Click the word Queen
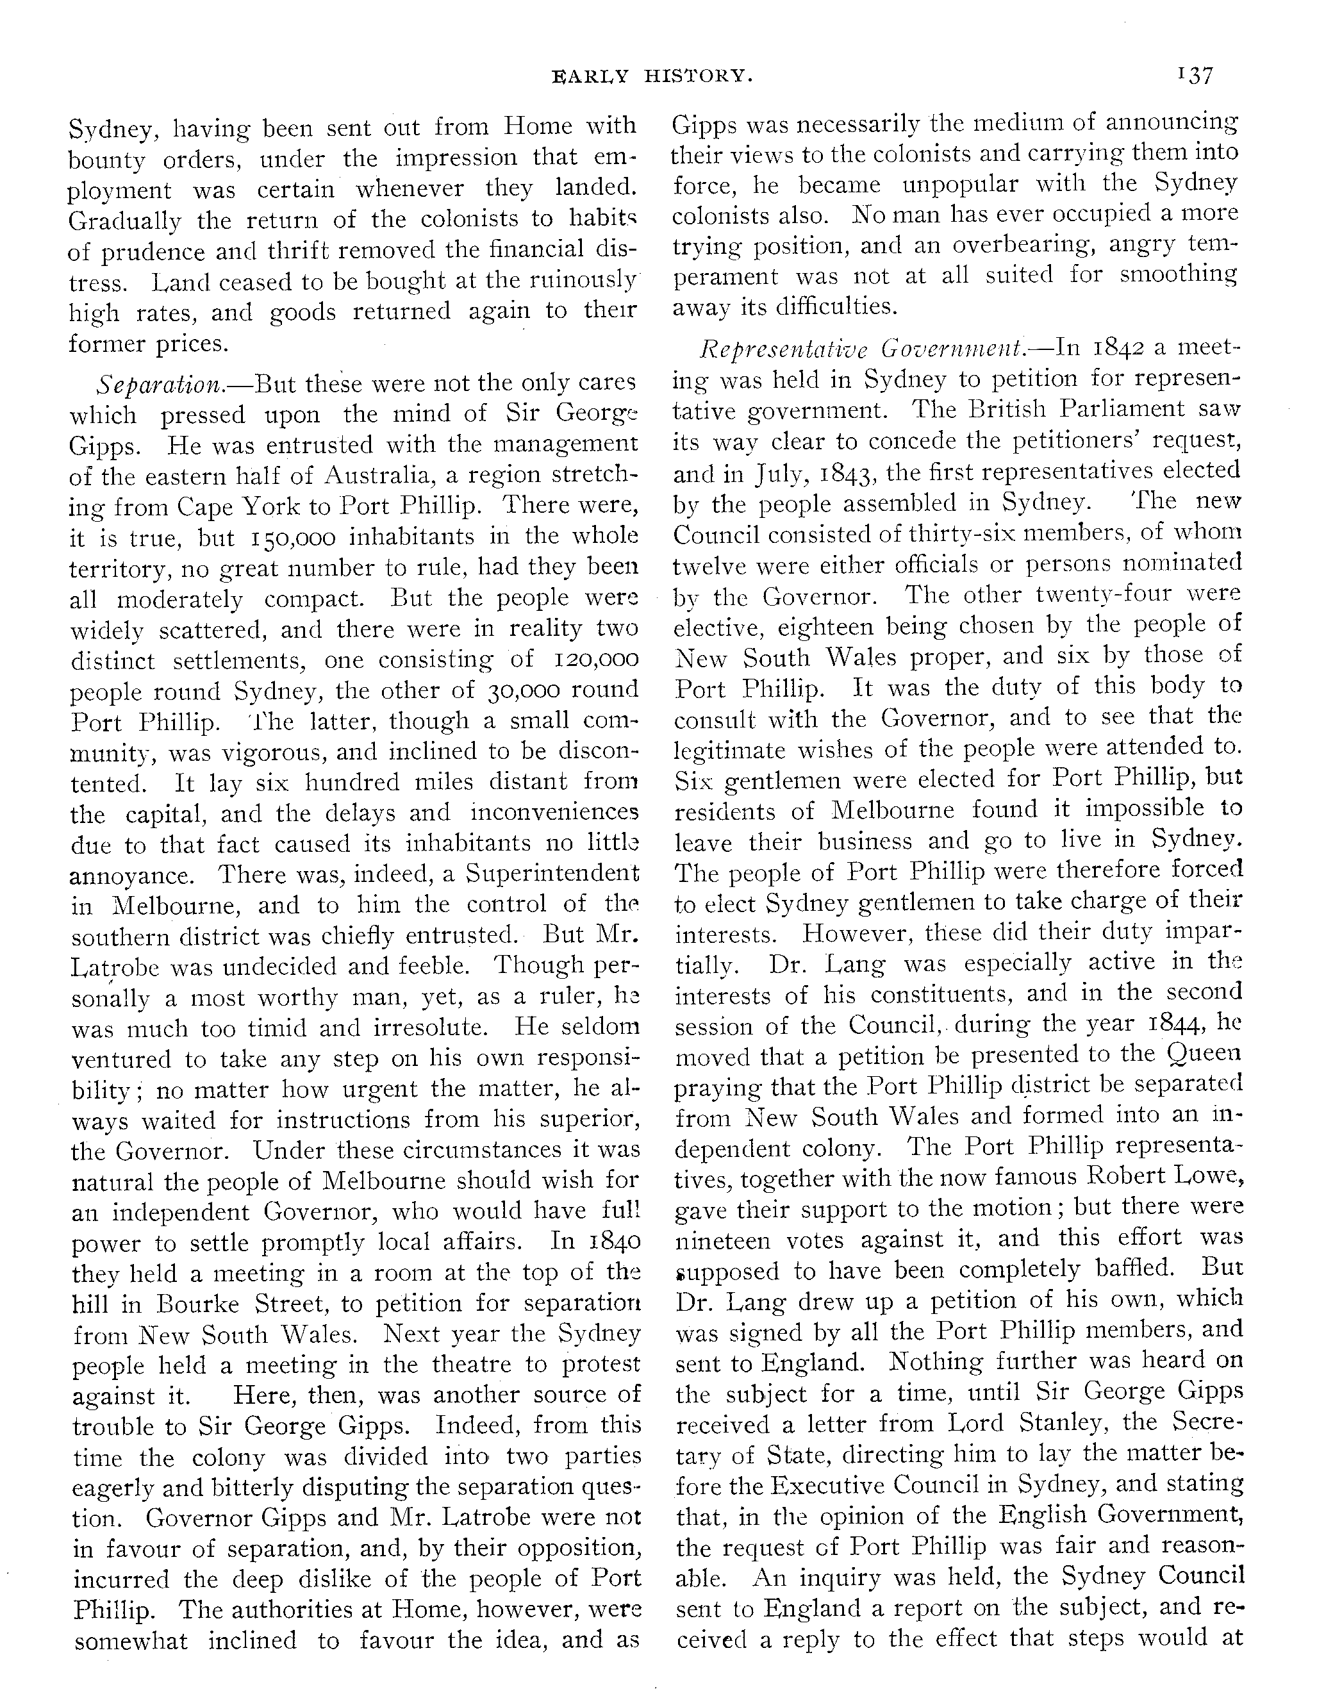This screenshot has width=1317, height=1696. click(1204, 1054)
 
